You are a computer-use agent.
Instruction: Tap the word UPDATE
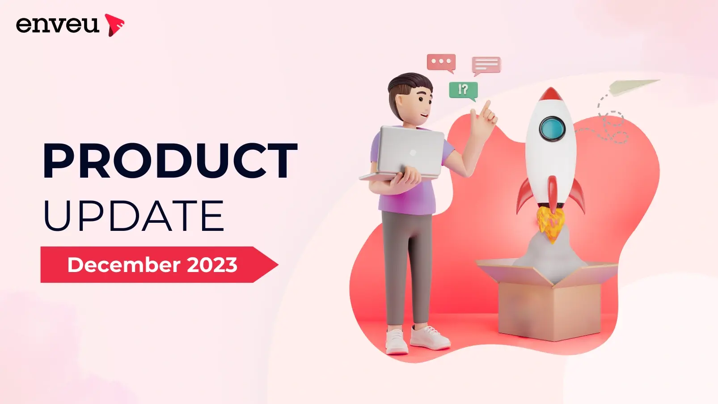134,215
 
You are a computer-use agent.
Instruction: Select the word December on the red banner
124,265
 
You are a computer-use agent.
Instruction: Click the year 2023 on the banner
212,265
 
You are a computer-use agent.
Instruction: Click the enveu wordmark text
57,25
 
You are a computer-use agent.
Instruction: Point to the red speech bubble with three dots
441,63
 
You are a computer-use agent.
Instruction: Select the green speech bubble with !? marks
464,90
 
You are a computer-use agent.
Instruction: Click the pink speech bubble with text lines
486,65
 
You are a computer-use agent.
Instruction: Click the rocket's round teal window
552,129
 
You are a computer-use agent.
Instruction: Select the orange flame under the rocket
551,225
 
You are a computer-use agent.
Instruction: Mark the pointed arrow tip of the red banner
278,265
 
